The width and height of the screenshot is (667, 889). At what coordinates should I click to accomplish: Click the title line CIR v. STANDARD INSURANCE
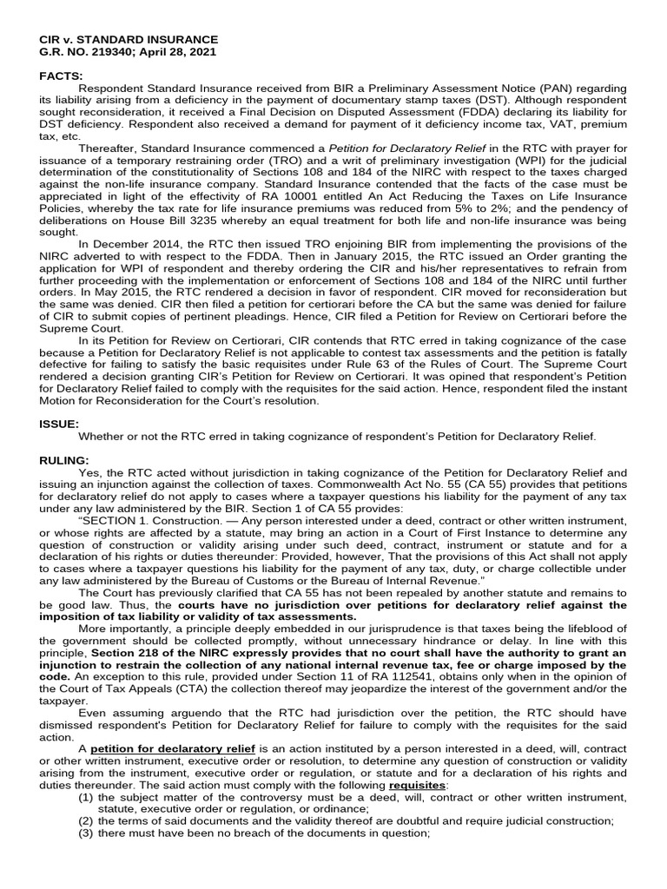point(129,40)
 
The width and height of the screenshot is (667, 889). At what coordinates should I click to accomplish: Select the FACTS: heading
point(63,76)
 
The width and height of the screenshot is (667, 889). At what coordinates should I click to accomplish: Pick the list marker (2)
point(86,821)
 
